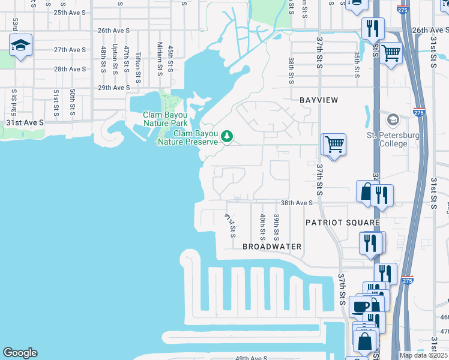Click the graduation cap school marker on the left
[20, 46]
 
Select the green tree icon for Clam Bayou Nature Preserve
[227, 136]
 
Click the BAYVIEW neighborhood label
[319, 100]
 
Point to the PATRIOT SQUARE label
[342, 223]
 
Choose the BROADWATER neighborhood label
[272, 247]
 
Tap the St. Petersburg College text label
[393, 139]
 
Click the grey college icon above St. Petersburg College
[393, 119]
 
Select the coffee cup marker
[361, 307]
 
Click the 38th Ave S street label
[297, 203]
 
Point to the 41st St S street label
[231, 225]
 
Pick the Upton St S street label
[114, 59]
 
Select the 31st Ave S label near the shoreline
[25, 122]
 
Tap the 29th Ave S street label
[113, 88]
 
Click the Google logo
[19, 353]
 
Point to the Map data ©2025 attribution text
[423, 355]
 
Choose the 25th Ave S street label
[70, 12]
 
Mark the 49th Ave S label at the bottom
[251, 358]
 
